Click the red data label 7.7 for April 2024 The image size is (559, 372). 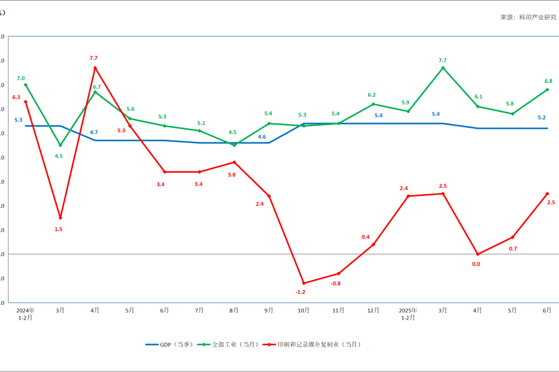94,58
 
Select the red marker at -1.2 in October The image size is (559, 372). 304,283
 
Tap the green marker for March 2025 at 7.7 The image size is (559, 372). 443,68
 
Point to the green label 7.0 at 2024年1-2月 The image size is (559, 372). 21,79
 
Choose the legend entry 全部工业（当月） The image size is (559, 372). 228,344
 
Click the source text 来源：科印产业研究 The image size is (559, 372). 528,17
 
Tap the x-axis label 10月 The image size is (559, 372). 304,311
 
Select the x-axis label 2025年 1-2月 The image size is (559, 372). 408,314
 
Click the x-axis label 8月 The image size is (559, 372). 234,311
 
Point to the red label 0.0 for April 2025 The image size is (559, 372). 477,264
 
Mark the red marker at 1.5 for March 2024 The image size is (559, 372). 60,218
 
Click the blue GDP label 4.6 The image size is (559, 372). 262,136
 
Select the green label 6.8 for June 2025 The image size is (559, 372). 549,81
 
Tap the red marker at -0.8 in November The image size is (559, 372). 338,273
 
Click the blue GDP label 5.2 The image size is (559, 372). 542,118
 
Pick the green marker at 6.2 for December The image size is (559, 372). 374,104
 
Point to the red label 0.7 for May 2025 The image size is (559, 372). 513,249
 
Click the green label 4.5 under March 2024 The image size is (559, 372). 59,156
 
